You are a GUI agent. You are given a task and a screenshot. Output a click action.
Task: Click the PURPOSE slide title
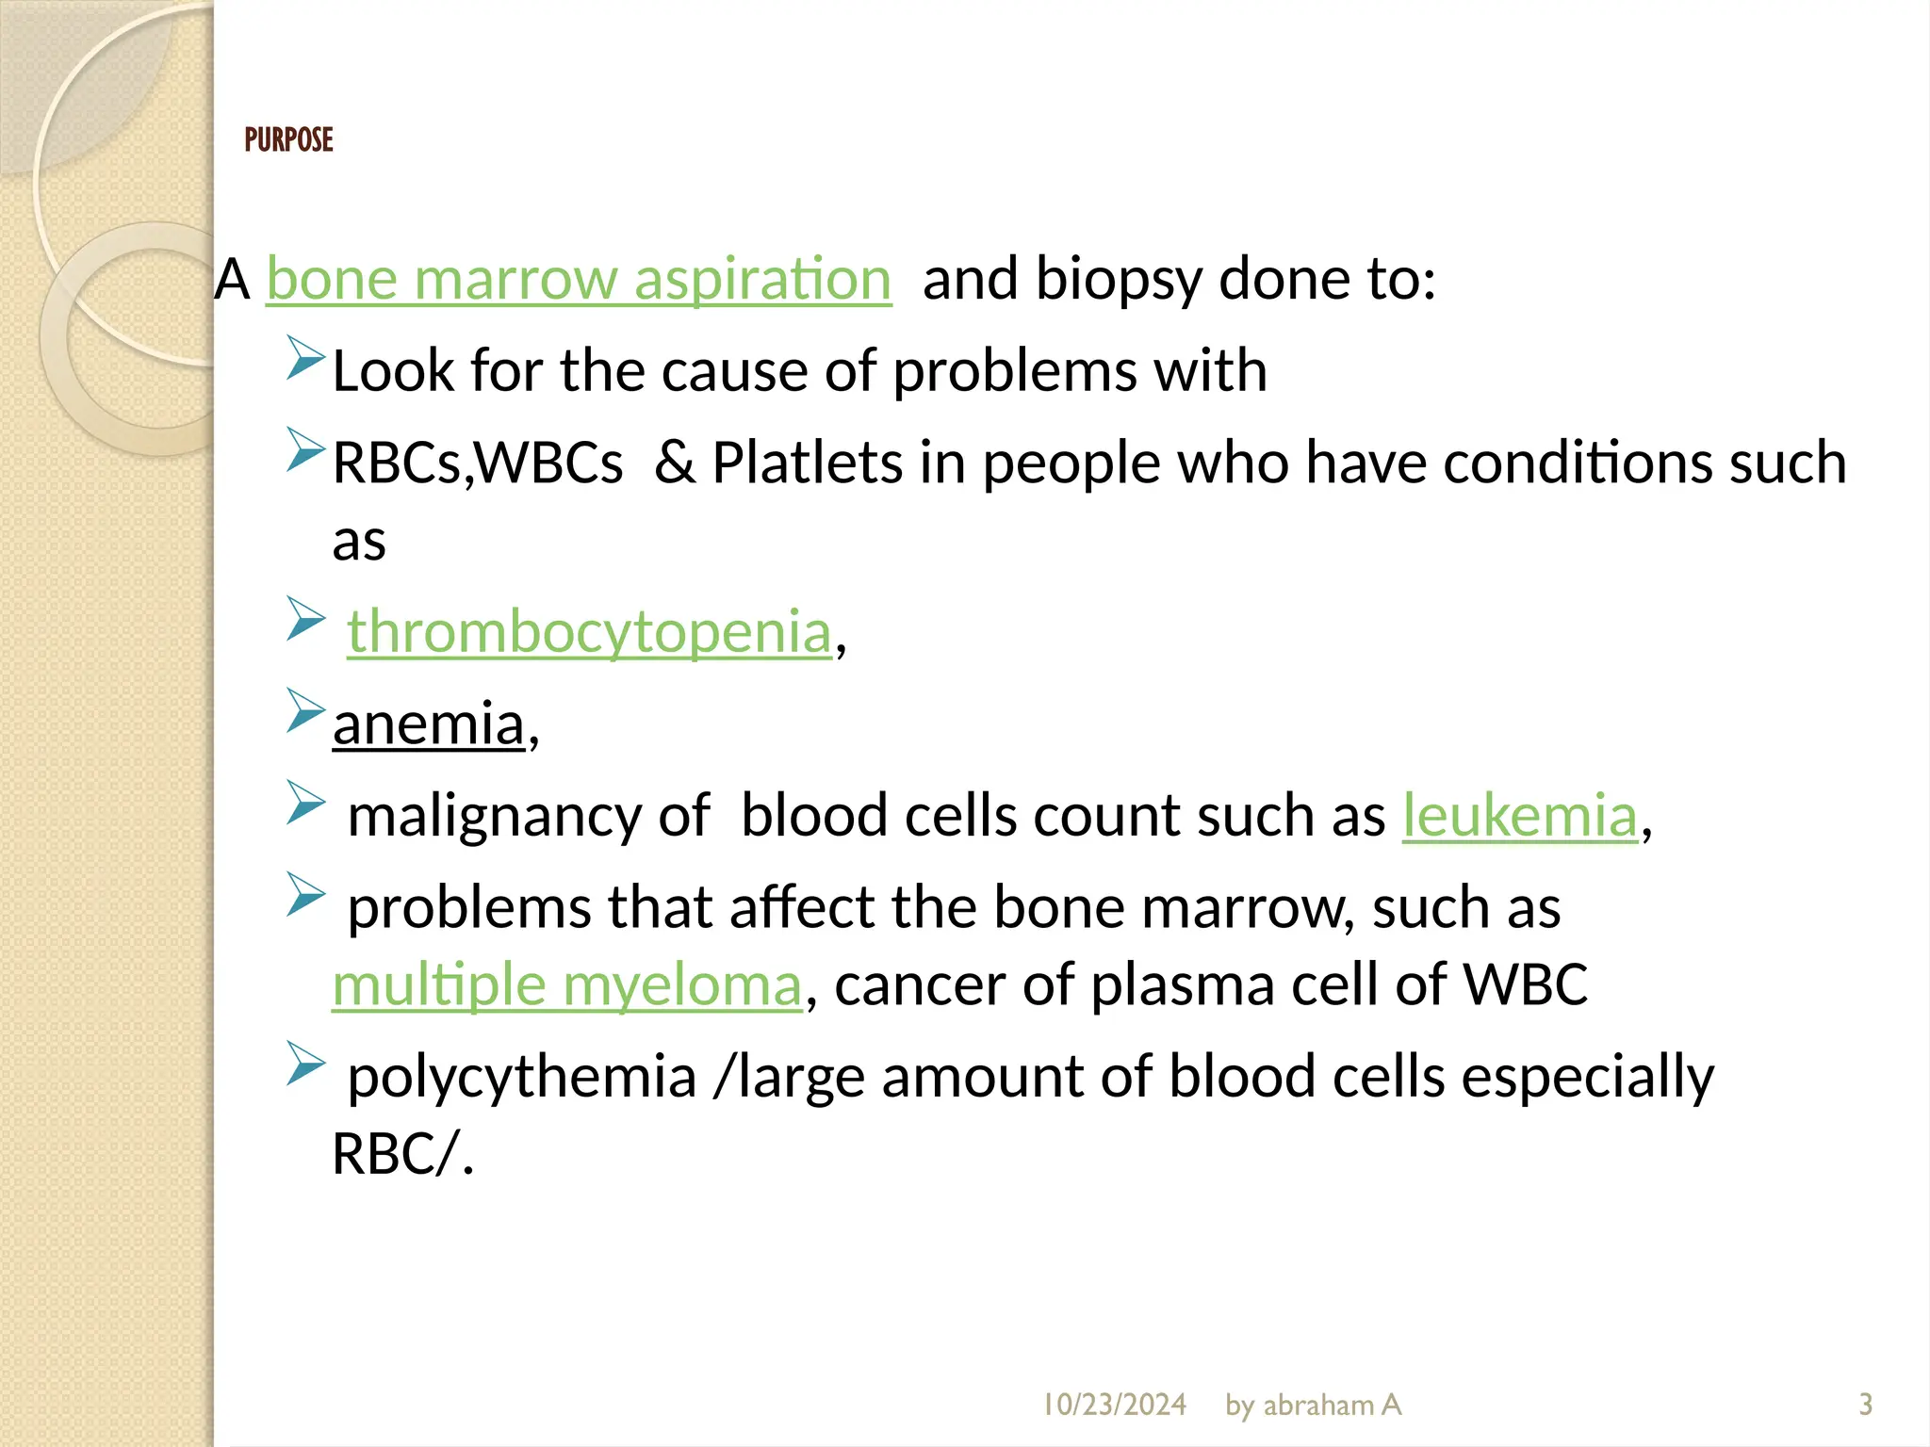pos(288,140)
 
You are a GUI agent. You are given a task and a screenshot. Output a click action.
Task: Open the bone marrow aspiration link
pos(578,279)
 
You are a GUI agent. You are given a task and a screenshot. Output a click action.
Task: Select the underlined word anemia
pos(428,723)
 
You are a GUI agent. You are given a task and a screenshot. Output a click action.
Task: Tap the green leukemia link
pos(1519,815)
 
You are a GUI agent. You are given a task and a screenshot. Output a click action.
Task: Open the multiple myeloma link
pos(566,985)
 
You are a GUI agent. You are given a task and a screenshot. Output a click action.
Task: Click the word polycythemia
pos(521,1076)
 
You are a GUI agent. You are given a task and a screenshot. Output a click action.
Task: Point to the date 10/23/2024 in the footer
pos(1113,1405)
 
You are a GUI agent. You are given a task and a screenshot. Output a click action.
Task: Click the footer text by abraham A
pos(1313,1405)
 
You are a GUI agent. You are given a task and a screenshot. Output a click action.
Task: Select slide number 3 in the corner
pos(1865,1405)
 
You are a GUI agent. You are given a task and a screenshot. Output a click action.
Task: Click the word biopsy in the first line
pos(1120,281)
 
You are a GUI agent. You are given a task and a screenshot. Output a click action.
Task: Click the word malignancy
pos(494,816)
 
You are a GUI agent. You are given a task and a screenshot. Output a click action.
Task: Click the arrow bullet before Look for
pos(305,359)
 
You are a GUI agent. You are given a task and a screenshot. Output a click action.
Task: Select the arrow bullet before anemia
pos(305,710)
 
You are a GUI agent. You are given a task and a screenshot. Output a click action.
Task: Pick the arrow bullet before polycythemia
pos(305,1064)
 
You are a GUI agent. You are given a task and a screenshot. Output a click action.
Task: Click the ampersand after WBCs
pos(675,463)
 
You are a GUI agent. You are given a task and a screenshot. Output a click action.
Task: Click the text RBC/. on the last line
pos(402,1153)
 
